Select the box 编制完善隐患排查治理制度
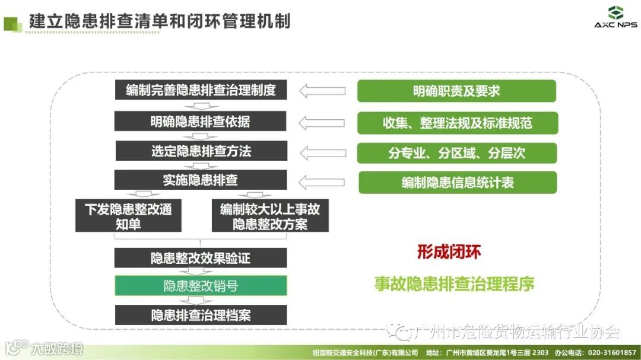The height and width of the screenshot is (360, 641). [x=201, y=90]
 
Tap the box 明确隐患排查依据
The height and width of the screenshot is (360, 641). [x=201, y=122]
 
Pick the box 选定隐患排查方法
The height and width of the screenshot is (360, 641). [x=201, y=151]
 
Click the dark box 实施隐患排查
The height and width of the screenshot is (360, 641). [x=201, y=180]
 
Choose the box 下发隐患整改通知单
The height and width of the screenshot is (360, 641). [x=128, y=216]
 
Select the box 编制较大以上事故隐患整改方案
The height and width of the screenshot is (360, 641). [x=270, y=216]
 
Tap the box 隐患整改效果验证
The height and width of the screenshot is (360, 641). [x=201, y=258]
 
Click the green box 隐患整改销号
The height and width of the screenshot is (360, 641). [x=201, y=286]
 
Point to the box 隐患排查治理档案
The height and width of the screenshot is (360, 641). [x=201, y=314]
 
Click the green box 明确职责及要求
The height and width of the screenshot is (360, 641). [x=456, y=91]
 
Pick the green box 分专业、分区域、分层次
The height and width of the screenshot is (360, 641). [x=457, y=153]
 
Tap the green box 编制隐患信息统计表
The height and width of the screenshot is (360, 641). [x=458, y=182]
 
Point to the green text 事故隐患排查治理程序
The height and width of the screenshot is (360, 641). [x=454, y=284]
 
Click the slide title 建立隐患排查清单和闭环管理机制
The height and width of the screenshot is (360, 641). [x=160, y=21]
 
